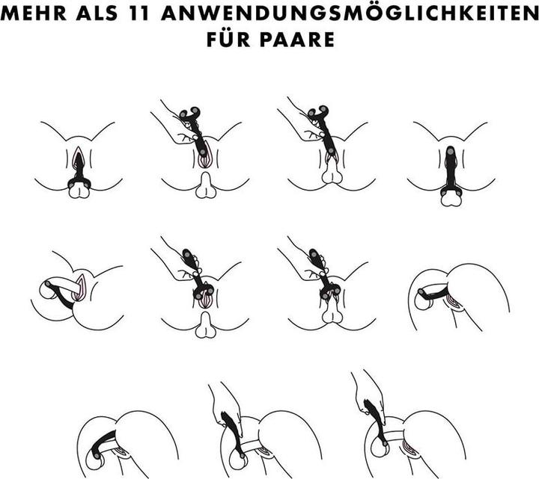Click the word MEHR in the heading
34,13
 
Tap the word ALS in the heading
97,13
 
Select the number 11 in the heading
139,13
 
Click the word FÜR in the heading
228,38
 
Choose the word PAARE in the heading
297,39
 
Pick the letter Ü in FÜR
228,38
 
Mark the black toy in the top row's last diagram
450,172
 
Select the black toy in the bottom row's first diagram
103,442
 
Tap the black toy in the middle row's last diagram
435,292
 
